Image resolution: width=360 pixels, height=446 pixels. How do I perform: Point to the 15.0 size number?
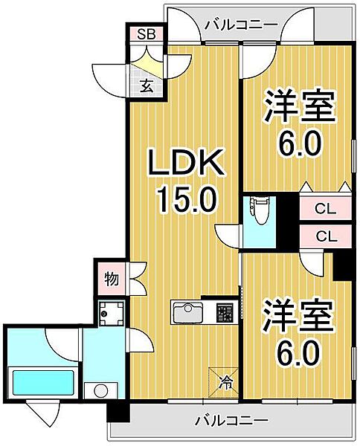185,198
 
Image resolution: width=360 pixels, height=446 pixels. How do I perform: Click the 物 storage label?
110,279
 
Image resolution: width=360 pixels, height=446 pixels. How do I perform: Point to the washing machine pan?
110,317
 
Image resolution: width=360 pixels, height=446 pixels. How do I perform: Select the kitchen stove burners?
225,313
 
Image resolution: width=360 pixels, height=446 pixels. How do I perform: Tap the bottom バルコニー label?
232,421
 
